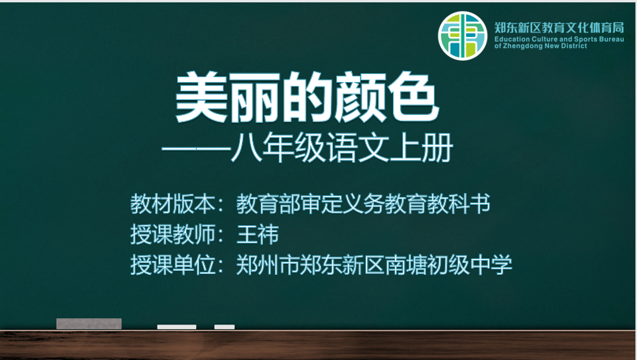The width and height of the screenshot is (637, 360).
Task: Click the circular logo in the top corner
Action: pyautogui.click(x=462, y=35)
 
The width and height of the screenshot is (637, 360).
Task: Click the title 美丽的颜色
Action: pyautogui.click(x=307, y=98)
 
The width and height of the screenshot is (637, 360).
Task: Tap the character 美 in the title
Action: pyautogui.click(x=201, y=98)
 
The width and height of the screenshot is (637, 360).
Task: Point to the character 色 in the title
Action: pyautogui.click(x=413, y=98)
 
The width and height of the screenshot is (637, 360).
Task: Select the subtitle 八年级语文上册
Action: pyautogui.click(x=342, y=147)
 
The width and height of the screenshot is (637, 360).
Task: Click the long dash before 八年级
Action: pyautogui.click(x=196, y=149)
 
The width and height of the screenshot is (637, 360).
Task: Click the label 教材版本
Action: pyautogui.click(x=172, y=204)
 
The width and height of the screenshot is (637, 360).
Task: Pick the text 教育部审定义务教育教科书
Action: pyautogui.click(x=363, y=204)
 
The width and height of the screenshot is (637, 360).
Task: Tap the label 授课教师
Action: pyautogui.click(x=172, y=235)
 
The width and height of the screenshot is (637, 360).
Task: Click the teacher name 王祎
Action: pyautogui.click(x=257, y=235)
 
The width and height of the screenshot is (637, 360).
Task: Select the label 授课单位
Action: pyautogui.click(x=172, y=265)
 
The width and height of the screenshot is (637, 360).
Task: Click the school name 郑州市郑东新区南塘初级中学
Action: pyautogui.click(x=374, y=265)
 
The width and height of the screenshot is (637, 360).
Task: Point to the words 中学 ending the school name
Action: pyautogui.click(x=491, y=265)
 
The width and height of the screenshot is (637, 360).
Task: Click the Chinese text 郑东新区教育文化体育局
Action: pyautogui.click(x=559, y=28)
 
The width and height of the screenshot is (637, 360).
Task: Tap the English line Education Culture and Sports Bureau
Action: pyautogui.click(x=559, y=39)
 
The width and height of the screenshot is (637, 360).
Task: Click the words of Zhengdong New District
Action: pyautogui.click(x=541, y=46)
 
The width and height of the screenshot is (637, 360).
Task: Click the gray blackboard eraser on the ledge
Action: pyautogui.click(x=89, y=324)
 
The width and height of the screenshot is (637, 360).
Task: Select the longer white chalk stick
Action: pyautogui.click(x=176, y=327)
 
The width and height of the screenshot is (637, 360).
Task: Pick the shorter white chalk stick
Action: pyautogui.click(x=224, y=327)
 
